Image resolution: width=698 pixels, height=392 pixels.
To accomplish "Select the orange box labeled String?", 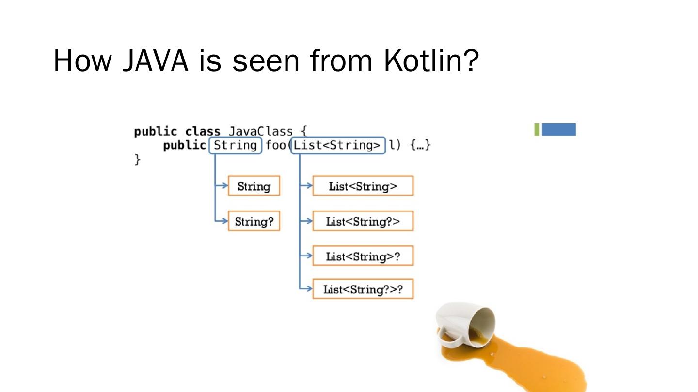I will [x=254, y=222].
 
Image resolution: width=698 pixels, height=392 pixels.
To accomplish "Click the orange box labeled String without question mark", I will [x=254, y=186].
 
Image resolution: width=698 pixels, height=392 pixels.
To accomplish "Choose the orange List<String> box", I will [x=363, y=186].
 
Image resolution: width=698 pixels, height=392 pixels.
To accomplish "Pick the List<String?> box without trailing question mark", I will [x=363, y=222].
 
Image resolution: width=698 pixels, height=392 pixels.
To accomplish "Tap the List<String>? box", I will [x=363, y=256].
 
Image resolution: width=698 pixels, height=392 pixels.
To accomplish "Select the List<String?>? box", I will [x=363, y=289].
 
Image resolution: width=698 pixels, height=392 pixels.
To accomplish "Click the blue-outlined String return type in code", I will [x=236, y=145].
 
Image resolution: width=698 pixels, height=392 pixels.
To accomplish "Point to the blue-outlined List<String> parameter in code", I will [x=337, y=145].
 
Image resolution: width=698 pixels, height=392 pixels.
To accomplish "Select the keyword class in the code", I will [x=203, y=131].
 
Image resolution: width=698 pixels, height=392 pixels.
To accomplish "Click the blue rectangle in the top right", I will [x=559, y=130].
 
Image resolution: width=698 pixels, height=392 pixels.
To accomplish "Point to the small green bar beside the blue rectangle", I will [x=537, y=130].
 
